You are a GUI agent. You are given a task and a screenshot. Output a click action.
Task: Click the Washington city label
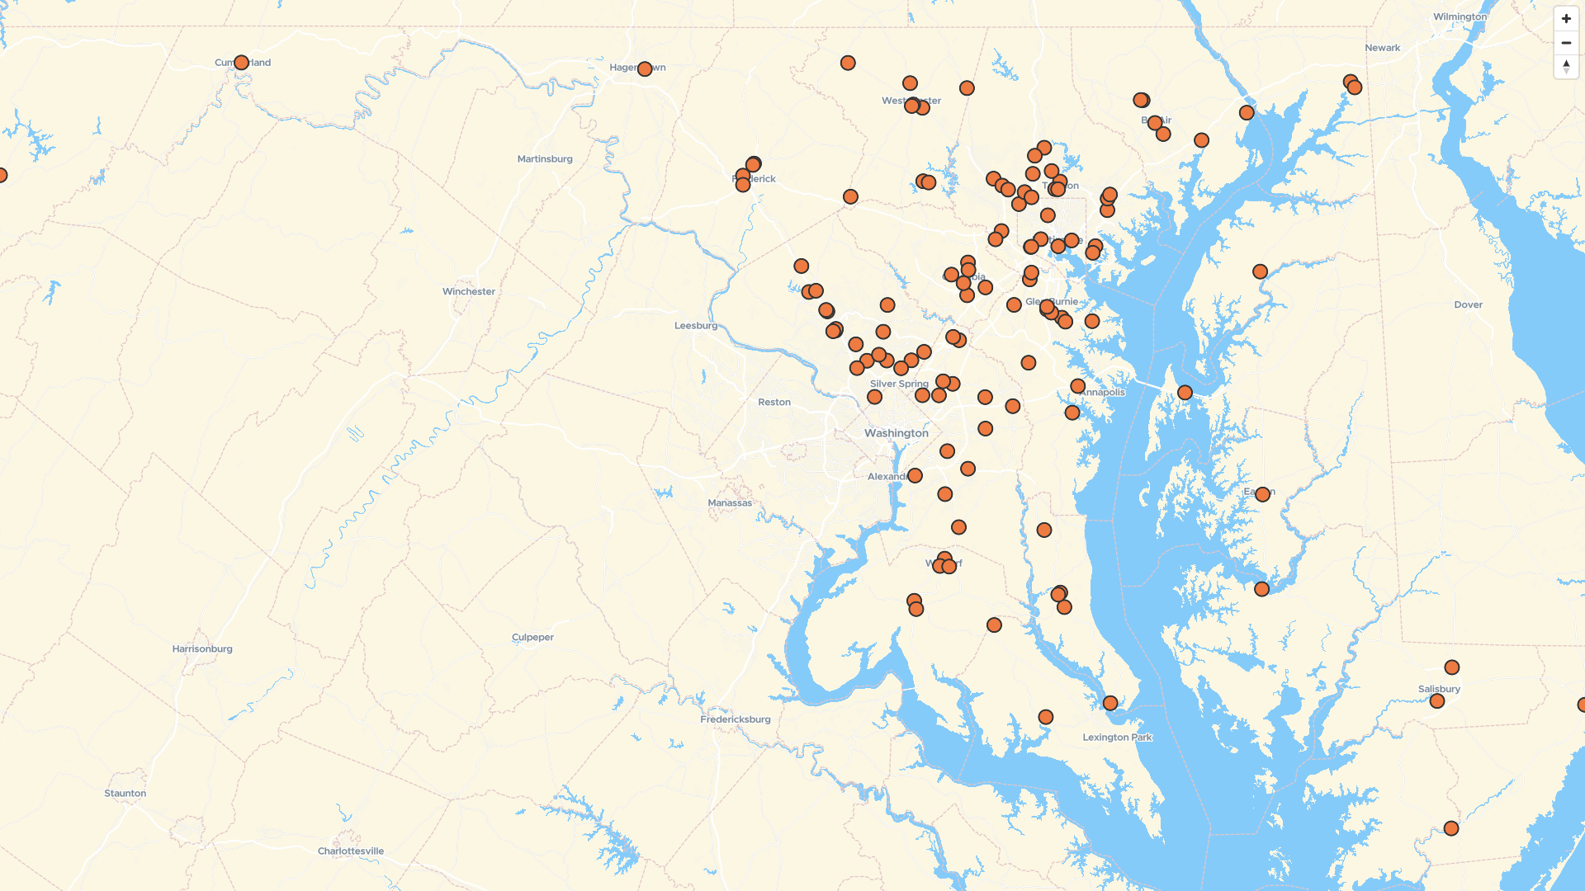coord(896,433)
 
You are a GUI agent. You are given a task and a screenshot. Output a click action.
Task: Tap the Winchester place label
coord(468,291)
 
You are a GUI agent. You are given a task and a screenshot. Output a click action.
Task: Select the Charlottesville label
coord(351,851)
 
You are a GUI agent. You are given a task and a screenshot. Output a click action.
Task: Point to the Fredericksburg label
coord(735,719)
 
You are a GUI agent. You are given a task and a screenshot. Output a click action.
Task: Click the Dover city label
coord(1468,304)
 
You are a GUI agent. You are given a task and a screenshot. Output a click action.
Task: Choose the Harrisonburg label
coord(202,648)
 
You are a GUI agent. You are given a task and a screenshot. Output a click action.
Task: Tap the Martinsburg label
coord(545,158)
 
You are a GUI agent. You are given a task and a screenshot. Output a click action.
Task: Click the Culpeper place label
coord(532,637)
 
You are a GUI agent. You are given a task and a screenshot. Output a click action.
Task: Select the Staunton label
coord(125,793)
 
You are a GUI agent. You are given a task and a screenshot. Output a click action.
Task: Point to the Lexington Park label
coord(1117,737)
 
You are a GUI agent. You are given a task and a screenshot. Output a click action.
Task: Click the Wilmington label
coord(1460,16)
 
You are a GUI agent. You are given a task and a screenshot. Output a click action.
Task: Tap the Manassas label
coord(730,502)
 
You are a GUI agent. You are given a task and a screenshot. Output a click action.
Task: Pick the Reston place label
coord(774,402)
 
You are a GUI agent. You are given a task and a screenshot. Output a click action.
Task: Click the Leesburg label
coord(695,325)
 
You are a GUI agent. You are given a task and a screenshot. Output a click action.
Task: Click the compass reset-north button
coord(1566,67)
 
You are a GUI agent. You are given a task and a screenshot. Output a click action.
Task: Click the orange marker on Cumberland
coord(241,63)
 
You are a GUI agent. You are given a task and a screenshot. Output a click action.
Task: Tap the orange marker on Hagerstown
coord(645,68)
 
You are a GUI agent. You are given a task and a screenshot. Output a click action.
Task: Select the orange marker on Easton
coord(1262,494)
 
